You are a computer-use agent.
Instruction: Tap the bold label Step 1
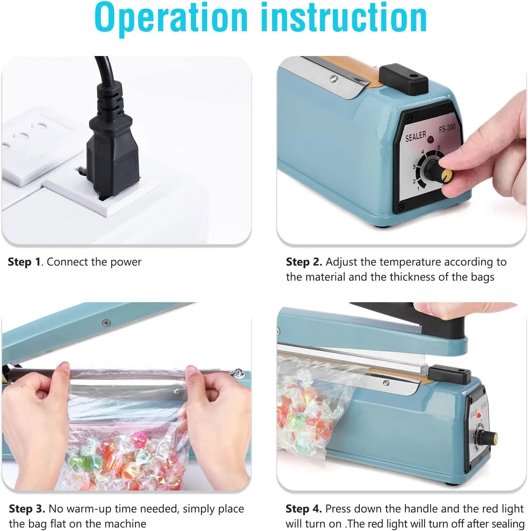pos(24,262)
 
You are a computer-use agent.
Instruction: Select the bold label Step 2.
pos(304,262)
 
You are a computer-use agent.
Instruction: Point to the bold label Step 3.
pos(27,509)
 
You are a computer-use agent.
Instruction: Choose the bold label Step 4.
pos(304,509)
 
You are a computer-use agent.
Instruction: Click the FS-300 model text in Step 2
pos(447,129)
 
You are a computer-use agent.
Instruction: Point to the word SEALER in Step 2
pos(416,136)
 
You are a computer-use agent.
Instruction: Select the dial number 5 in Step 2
pos(439,147)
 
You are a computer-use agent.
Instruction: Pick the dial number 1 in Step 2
pos(418,189)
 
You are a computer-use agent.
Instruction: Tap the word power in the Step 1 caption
pos(126,262)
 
